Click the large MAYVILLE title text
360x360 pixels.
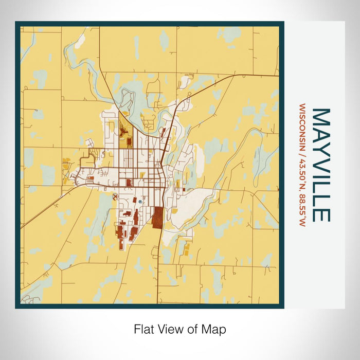coord(321,165)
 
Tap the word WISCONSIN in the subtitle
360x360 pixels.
coord(301,128)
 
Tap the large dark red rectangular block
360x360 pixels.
coord(157,217)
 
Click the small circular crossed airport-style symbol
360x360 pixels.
coord(115,196)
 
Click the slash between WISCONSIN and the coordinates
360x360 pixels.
coord(301,155)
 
